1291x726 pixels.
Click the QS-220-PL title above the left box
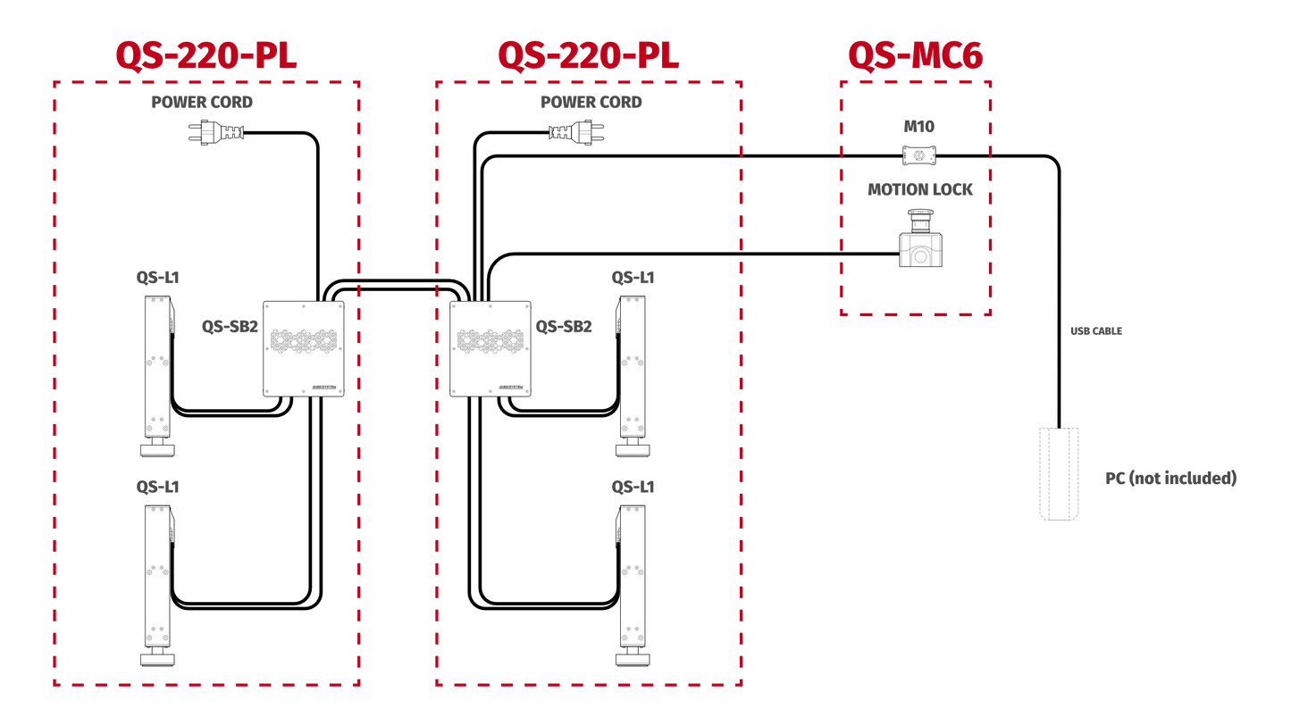[x=206, y=55]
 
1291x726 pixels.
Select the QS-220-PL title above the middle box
[x=589, y=55]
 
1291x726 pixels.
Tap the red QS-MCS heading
[x=915, y=55]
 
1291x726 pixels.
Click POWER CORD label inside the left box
[x=202, y=103]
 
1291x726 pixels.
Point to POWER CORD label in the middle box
[x=591, y=103]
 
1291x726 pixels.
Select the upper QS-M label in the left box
[x=157, y=278]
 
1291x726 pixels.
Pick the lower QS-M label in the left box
[x=157, y=487]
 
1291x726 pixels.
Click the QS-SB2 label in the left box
[x=230, y=327]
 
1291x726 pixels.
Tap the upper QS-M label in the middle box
[x=633, y=278]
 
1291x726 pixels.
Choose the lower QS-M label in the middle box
[x=633, y=487]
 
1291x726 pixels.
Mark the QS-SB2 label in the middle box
[x=564, y=327]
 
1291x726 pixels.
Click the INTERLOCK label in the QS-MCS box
[x=919, y=190]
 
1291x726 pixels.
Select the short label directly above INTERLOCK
[x=918, y=127]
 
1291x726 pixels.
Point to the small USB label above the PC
[x=1095, y=331]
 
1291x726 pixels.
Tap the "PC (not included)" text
[x=1171, y=479]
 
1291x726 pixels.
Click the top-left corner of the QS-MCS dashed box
[x=842, y=82]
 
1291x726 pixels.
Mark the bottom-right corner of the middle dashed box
[x=741, y=684]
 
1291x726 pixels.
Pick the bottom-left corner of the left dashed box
[x=55, y=684]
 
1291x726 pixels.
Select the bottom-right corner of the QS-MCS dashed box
[x=990, y=313]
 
